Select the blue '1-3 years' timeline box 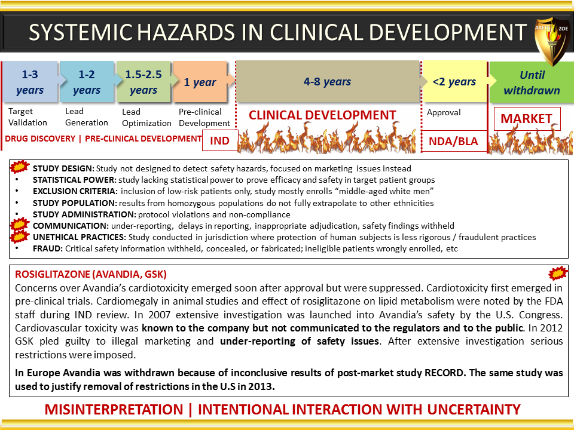pyautogui.click(x=30, y=82)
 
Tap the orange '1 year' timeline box pyautogui.click(x=200, y=82)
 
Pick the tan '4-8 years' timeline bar pyautogui.click(x=327, y=82)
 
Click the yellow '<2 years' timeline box pyautogui.click(x=454, y=82)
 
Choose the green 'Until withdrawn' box pyautogui.click(x=532, y=82)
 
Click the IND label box pyautogui.click(x=220, y=140)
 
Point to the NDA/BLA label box pyautogui.click(x=454, y=141)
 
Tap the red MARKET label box pyautogui.click(x=527, y=118)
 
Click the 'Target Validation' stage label pyautogui.click(x=28, y=116)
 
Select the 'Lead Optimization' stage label pyautogui.click(x=146, y=118)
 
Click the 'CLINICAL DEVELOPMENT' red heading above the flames pyautogui.click(x=322, y=115)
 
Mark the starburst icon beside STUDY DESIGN pyautogui.click(x=19, y=167)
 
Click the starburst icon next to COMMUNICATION pyautogui.click(x=19, y=224)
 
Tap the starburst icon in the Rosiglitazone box pyautogui.click(x=558, y=273)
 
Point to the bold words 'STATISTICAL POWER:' pyautogui.click(x=75, y=180)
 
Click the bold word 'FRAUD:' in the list pyautogui.click(x=48, y=248)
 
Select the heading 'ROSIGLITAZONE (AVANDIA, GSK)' pyautogui.click(x=91, y=274)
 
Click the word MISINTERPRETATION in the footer pyautogui.click(x=114, y=410)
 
